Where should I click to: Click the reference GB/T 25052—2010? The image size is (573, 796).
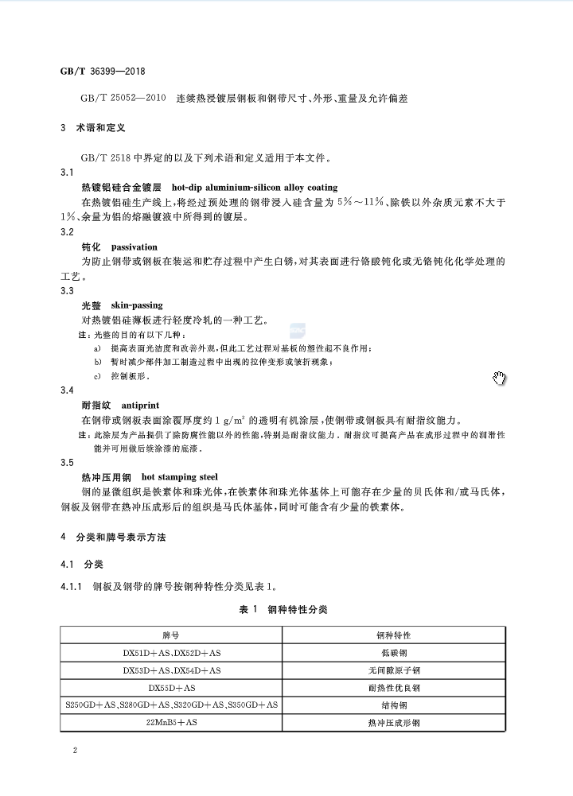click(123, 99)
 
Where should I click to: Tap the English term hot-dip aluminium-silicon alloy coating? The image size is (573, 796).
click(255, 187)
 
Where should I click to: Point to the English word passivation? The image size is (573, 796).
click(134, 247)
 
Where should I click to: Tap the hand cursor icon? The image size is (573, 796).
click(500, 377)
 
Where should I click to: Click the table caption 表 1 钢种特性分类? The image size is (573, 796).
click(283, 609)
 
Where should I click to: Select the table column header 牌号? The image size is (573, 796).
click(171, 636)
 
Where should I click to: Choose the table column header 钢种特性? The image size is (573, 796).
click(393, 636)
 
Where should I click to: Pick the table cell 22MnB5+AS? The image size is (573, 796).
click(172, 723)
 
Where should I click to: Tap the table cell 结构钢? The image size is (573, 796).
click(393, 705)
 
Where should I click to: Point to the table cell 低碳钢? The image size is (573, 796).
click(393, 653)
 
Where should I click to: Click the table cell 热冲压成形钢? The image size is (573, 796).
click(393, 723)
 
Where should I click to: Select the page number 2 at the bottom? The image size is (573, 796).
click(74, 751)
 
